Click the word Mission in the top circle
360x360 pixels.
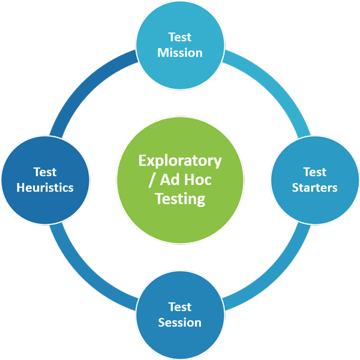(x=180, y=52)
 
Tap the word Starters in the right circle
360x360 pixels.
(x=315, y=187)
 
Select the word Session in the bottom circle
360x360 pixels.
(x=180, y=322)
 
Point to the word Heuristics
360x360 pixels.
(x=45, y=187)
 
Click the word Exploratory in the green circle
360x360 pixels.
(x=180, y=161)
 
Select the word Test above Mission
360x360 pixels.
(x=180, y=37)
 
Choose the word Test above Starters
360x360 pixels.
(x=315, y=172)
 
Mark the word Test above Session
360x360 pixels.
(x=180, y=307)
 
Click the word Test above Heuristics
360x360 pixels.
(x=45, y=172)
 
